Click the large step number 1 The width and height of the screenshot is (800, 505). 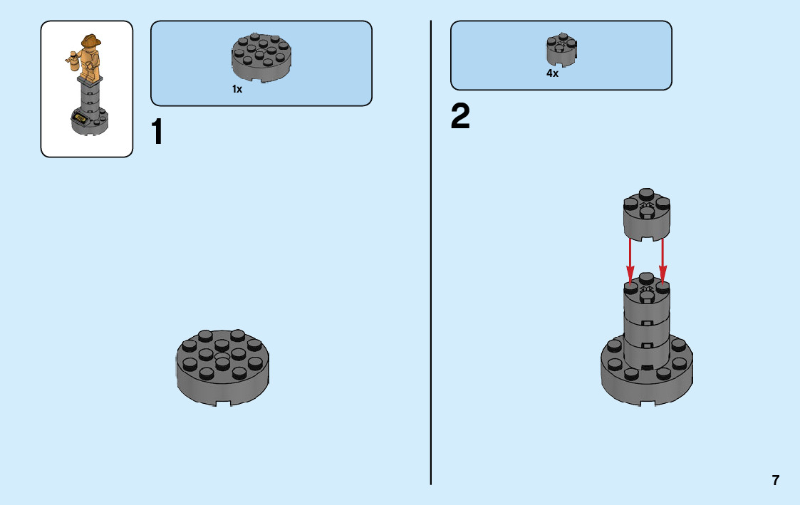click(x=158, y=132)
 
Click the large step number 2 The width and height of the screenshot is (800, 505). click(x=460, y=118)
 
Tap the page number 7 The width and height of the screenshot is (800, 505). click(x=776, y=480)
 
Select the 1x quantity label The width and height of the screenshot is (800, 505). click(x=237, y=90)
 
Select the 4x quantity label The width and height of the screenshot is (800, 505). click(x=552, y=73)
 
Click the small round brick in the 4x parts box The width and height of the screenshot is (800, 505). click(x=561, y=48)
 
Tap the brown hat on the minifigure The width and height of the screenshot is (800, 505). click(x=91, y=41)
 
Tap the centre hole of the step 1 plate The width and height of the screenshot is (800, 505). click(x=222, y=356)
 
